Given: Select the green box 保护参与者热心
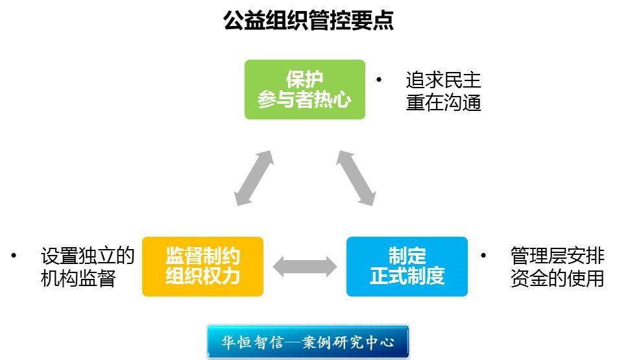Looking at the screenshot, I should coord(304,90).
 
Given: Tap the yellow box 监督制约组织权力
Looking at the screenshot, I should coord(202,267).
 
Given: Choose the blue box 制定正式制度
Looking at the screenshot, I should coord(407,267).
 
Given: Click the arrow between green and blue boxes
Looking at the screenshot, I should coord(356,178).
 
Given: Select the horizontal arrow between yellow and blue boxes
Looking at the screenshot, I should coord(305,267).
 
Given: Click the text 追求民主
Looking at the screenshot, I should coord(444,80).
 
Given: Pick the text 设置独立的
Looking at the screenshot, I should coord(88,256).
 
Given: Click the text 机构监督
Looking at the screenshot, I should coord(78,278).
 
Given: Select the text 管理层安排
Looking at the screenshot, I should coord(557,256).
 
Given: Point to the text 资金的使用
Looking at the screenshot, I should coord(557,278).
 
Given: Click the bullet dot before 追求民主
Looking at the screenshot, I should coord(380,80).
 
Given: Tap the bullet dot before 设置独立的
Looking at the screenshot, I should coord(14,256).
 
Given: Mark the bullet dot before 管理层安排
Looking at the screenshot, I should coord(483,256).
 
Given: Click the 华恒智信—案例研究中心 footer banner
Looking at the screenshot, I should coord(308,341).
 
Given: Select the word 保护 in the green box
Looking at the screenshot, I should coord(304,79).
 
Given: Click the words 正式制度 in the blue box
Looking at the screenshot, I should coord(407,277).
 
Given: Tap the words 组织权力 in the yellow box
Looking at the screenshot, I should coord(202,277).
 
